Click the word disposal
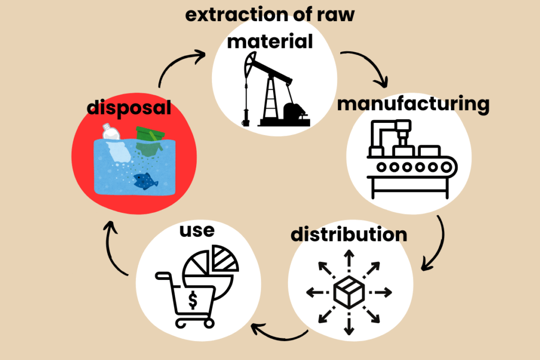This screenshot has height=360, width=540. (x=129, y=108)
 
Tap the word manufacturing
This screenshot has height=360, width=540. (x=413, y=104)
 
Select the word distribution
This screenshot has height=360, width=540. (x=349, y=233)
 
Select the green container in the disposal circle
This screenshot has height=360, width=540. (x=149, y=139)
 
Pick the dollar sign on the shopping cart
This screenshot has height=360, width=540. (x=193, y=301)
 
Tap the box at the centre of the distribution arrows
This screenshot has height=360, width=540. (x=349, y=291)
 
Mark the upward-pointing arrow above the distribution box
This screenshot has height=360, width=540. (x=349, y=260)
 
